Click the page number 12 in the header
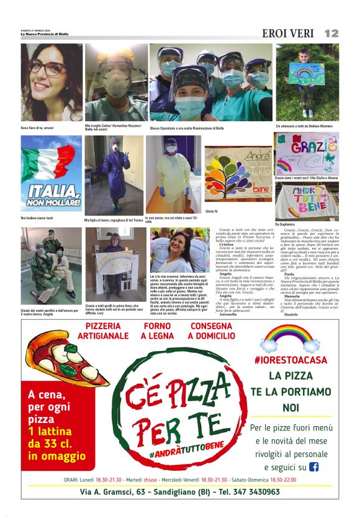331,32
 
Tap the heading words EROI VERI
288,33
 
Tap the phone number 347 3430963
253,492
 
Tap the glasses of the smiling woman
48,68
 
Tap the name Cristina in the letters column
227,245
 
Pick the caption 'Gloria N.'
212,211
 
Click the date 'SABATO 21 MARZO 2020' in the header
37,30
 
